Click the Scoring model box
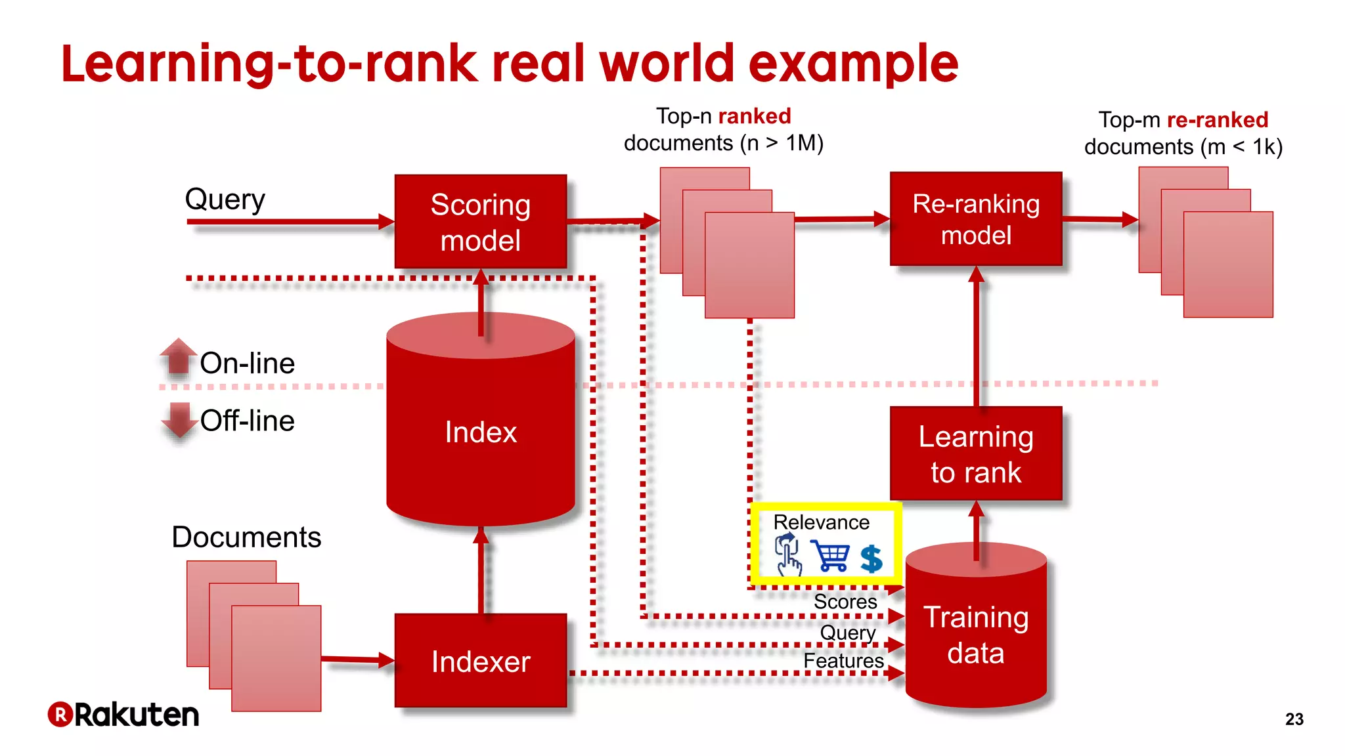480,222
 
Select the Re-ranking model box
975,219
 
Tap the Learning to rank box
975,453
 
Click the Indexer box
480,661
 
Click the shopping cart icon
830,556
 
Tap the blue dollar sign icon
871,559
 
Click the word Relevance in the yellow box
821,522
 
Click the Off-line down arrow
179,420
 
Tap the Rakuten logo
123,715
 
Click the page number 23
1294,719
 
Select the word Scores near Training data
845,602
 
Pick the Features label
843,661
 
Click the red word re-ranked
1217,120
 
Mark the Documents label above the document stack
246,537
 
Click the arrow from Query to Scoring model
289,222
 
